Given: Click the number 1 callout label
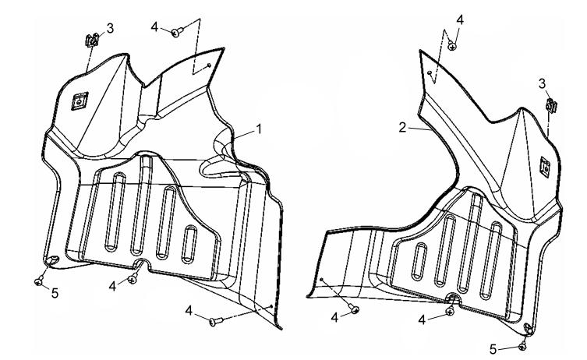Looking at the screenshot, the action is (x=258, y=129).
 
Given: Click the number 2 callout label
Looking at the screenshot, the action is (x=402, y=128).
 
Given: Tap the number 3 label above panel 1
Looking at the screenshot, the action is (x=110, y=28).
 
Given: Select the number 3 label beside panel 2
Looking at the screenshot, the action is (x=542, y=84).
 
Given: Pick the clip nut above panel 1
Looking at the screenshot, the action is (x=92, y=40).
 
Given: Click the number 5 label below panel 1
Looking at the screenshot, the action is (x=55, y=294).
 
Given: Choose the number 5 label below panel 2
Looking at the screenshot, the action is (x=493, y=350).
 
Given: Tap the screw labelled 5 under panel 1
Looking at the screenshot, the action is (x=38, y=281).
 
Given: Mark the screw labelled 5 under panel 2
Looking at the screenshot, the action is (x=522, y=347).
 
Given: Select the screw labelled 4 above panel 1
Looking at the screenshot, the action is (x=177, y=32).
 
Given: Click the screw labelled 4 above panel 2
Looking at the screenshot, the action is (x=452, y=46).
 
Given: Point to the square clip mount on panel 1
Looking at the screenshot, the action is (x=80, y=101).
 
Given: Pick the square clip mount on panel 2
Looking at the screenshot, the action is (x=545, y=167).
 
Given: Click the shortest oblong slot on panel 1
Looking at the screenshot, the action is (x=189, y=244).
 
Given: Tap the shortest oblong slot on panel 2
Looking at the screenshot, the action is (x=419, y=262).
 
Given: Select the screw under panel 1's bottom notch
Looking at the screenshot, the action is (x=133, y=278).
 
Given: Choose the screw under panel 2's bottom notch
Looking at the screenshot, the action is (x=451, y=311).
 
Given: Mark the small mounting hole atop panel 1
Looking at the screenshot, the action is (x=209, y=65).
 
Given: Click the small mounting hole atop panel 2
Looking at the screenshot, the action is (x=430, y=72).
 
